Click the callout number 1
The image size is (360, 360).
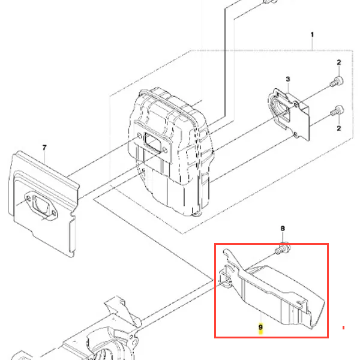(x=312, y=35)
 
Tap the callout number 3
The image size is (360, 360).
(x=288, y=79)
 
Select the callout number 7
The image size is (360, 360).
(x=44, y=148)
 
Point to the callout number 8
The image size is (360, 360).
(x=283, y=229)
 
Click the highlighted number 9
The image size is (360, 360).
(x=260, y=327)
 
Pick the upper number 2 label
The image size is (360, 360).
(x=339, y=62)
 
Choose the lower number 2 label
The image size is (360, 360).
(x=339, y=128)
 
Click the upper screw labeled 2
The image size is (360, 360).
(x=337, y=82)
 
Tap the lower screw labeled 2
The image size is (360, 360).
(x=337, y=110)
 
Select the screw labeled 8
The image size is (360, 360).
(x=283, y=248)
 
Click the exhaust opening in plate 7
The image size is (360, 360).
(x=41, y=205)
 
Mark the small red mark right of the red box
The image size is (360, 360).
(x=343, y=328)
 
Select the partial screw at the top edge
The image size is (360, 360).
(x=270, y=2)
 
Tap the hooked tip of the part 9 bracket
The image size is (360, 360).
(x=226, y=251)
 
